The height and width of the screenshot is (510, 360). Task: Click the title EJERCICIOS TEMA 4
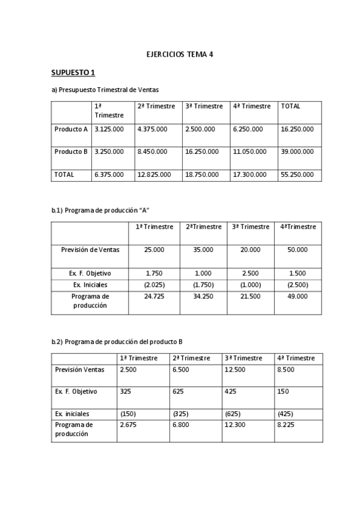click(180, 54)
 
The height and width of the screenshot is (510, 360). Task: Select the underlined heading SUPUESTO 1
click(73, 73)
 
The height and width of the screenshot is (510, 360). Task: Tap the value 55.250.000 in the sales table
click(297, 174)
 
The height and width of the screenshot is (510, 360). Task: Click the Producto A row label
click(71, 129)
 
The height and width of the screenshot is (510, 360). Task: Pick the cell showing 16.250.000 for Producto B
click(202, 152)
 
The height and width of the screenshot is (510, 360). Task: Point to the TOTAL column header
click(290, 106)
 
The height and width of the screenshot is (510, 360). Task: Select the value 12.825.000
click(154, 174)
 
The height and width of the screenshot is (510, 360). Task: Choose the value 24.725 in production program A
click(154, 296)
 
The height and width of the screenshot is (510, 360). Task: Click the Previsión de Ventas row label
click(90, 249)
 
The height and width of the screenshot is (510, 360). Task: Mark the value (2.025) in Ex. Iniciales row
click(154, 284)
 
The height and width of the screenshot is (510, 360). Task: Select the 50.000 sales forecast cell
click(297, 249)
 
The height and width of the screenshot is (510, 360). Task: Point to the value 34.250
click(203, 296)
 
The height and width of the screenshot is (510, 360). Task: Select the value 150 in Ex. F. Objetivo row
click(284, 392)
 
